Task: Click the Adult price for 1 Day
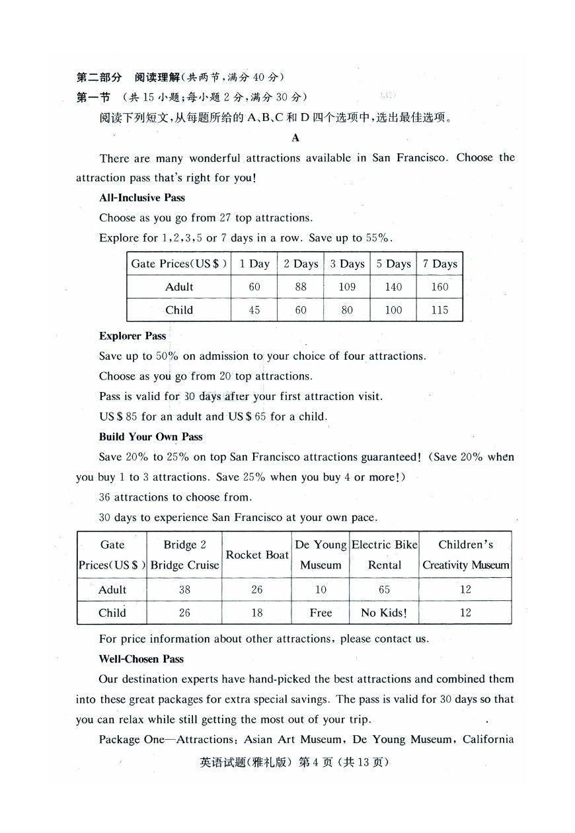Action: (x=254, y=287)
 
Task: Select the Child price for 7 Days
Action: (x=440, y=310)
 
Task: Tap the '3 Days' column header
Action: (x=347, y=264)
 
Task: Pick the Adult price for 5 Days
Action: (x=393, y=287)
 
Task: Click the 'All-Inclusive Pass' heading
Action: (x=142, y=198)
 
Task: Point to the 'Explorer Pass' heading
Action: (x=133, y=336)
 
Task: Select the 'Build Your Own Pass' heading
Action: (x=151, y=437)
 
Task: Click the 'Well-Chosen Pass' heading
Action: (x=141, y=659)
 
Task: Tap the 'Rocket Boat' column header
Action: (x=257, y=555)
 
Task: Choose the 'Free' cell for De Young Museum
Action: (x=321, y=613)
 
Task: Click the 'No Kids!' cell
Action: (x=384, y=613)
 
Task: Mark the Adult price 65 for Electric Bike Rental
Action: (x=384, y=590)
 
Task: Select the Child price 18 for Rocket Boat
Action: (x=257, y=613)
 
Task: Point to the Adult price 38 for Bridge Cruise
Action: (x=184, y=590)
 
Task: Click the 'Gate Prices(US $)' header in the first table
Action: (x=179, y=264)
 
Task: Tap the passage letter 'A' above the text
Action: (x=295, y=138)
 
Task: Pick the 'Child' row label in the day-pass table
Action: (x=179, y=310)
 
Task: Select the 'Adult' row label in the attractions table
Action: (x=112, y=590)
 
